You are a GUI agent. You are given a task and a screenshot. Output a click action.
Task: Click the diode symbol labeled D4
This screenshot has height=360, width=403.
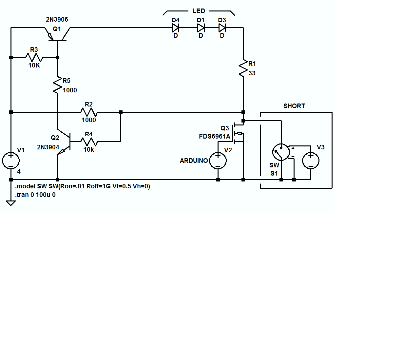[176, 28]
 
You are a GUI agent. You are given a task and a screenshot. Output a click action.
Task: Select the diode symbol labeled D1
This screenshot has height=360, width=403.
[201, 28]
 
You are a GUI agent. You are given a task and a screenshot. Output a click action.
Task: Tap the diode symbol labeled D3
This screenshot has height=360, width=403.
[222, 28]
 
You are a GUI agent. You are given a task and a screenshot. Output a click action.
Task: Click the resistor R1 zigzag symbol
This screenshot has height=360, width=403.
[243, 68]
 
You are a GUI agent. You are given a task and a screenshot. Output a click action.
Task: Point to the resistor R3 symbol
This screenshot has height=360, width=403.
[34, 58]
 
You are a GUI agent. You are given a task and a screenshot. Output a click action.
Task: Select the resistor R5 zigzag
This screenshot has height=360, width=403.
[57, 85]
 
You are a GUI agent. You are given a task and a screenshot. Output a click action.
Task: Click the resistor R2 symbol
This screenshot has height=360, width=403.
[89, 112]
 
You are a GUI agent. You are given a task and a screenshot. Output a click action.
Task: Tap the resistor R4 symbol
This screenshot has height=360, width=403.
[89, 142]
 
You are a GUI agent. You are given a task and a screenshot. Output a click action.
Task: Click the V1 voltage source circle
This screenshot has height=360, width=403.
[11, 161]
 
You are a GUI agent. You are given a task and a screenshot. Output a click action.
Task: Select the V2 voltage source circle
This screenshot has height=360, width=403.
[218, 161]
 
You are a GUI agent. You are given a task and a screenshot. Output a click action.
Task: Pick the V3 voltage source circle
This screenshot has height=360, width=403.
[311, 161]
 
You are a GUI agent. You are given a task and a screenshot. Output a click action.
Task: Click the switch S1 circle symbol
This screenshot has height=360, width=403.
[281, 152]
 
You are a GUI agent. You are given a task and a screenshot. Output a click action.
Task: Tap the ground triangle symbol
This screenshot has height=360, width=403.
[11, 203]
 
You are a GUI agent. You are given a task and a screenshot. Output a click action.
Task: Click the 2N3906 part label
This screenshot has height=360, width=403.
[57, 20]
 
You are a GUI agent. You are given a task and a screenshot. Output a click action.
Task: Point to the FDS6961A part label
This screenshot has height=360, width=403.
[215, 137]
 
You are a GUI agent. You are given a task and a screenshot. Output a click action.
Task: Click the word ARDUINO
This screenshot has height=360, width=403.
[194, 161]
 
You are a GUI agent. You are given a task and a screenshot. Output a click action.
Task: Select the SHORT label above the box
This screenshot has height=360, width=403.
[294, 106]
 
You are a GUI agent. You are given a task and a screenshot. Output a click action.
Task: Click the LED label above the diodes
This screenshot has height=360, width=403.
[199, 11]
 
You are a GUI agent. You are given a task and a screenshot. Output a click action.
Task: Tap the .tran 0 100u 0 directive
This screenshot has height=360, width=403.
[35, 195]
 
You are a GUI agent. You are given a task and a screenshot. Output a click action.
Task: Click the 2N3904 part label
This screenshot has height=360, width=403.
[48, 147]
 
